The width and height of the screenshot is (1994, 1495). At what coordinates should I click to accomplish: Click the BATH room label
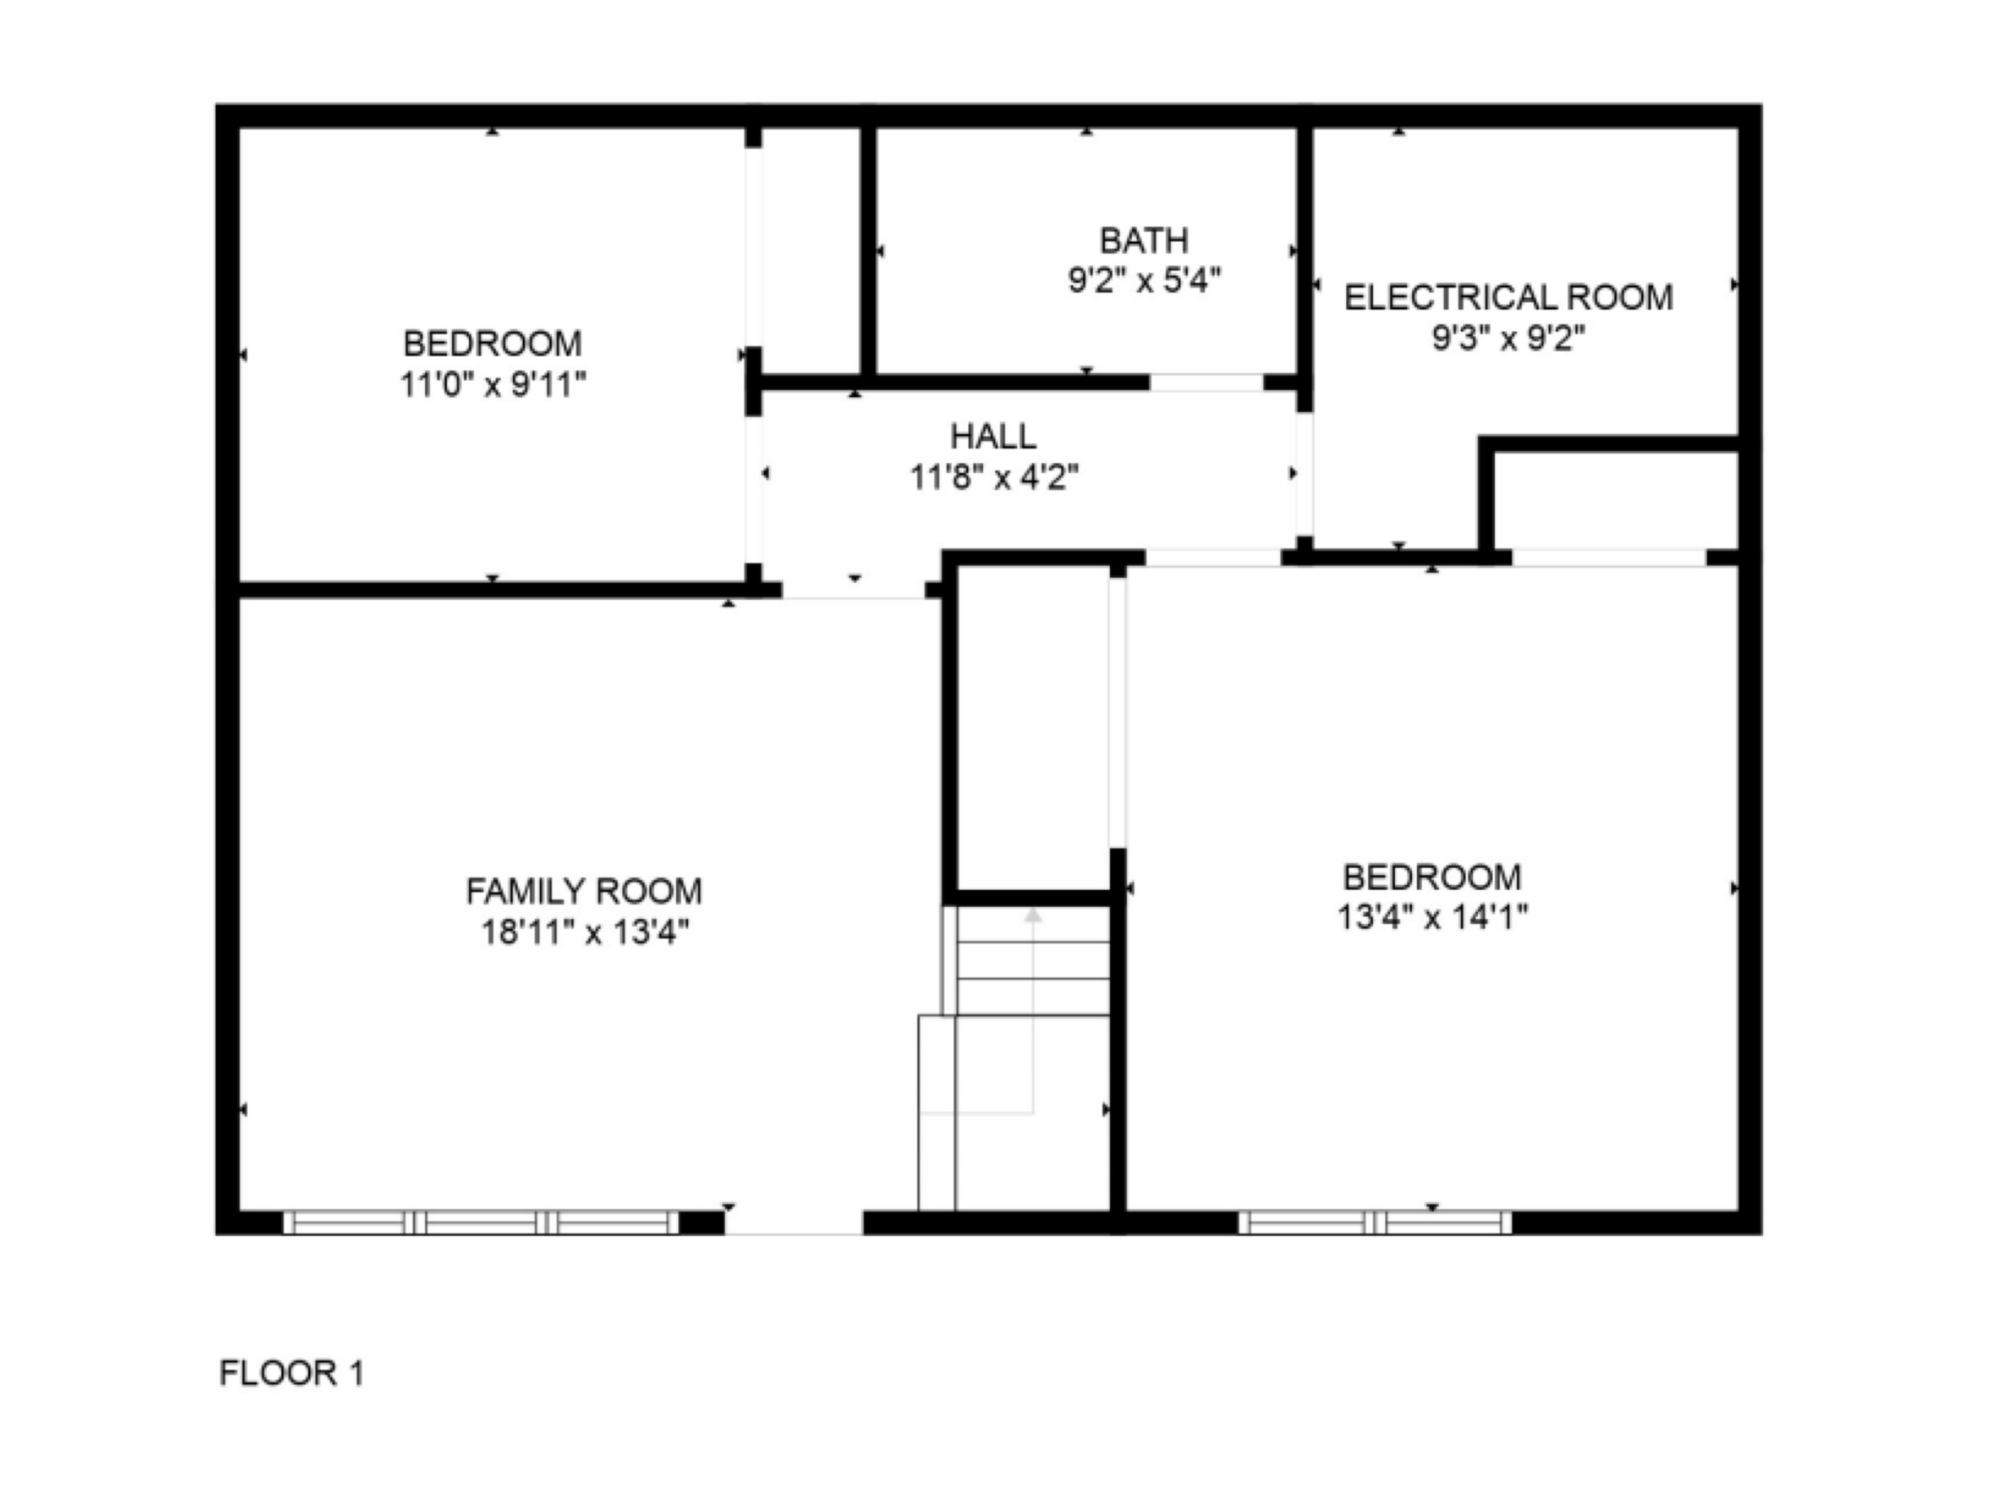[x=1144, y=241]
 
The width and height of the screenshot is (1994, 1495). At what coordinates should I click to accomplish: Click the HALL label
[x=993, y=436]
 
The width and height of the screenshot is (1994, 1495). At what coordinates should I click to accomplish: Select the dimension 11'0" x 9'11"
[x=493, y=385]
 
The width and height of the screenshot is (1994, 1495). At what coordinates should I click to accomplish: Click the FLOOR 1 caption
[x=292, y=1373]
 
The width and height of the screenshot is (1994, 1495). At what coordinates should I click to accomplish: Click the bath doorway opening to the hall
[x=1206, y=382]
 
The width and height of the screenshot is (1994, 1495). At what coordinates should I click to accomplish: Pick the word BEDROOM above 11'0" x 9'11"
[x=493, y=343]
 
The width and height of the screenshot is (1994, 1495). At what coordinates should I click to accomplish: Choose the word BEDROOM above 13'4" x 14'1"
[x=1432, y=877]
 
